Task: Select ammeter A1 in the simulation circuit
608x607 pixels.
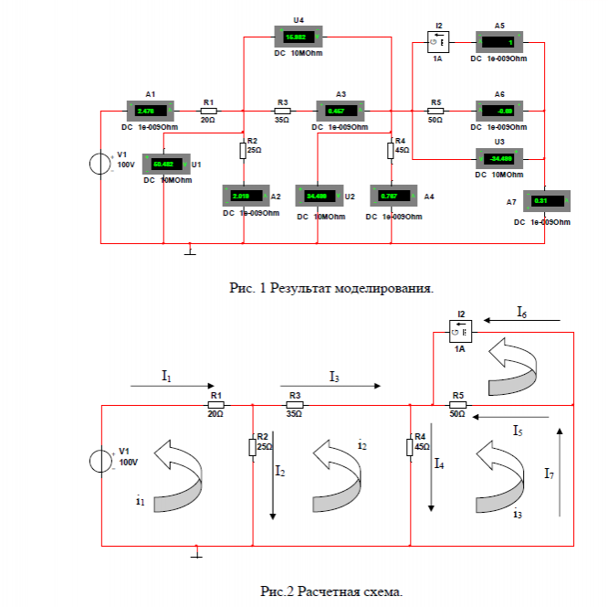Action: pyautogui.click(x=150, y=111)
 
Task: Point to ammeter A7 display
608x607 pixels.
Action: pyautogui.click(x=546, y=201)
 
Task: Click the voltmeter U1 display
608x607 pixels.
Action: pyautogui.click(x=167, y=165)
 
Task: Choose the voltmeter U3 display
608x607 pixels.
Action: pyautogui.click(x=499, y=156)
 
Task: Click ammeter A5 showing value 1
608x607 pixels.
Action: pyautogui.click(x=499, y=42)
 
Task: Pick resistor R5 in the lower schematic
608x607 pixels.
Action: pyautogui.click(x=457, y=404)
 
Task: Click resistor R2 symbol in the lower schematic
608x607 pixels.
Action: pyautogui.click(x=251, y=447)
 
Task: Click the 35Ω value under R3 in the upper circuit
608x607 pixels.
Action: pyautogui.click(x=282, y=120)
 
